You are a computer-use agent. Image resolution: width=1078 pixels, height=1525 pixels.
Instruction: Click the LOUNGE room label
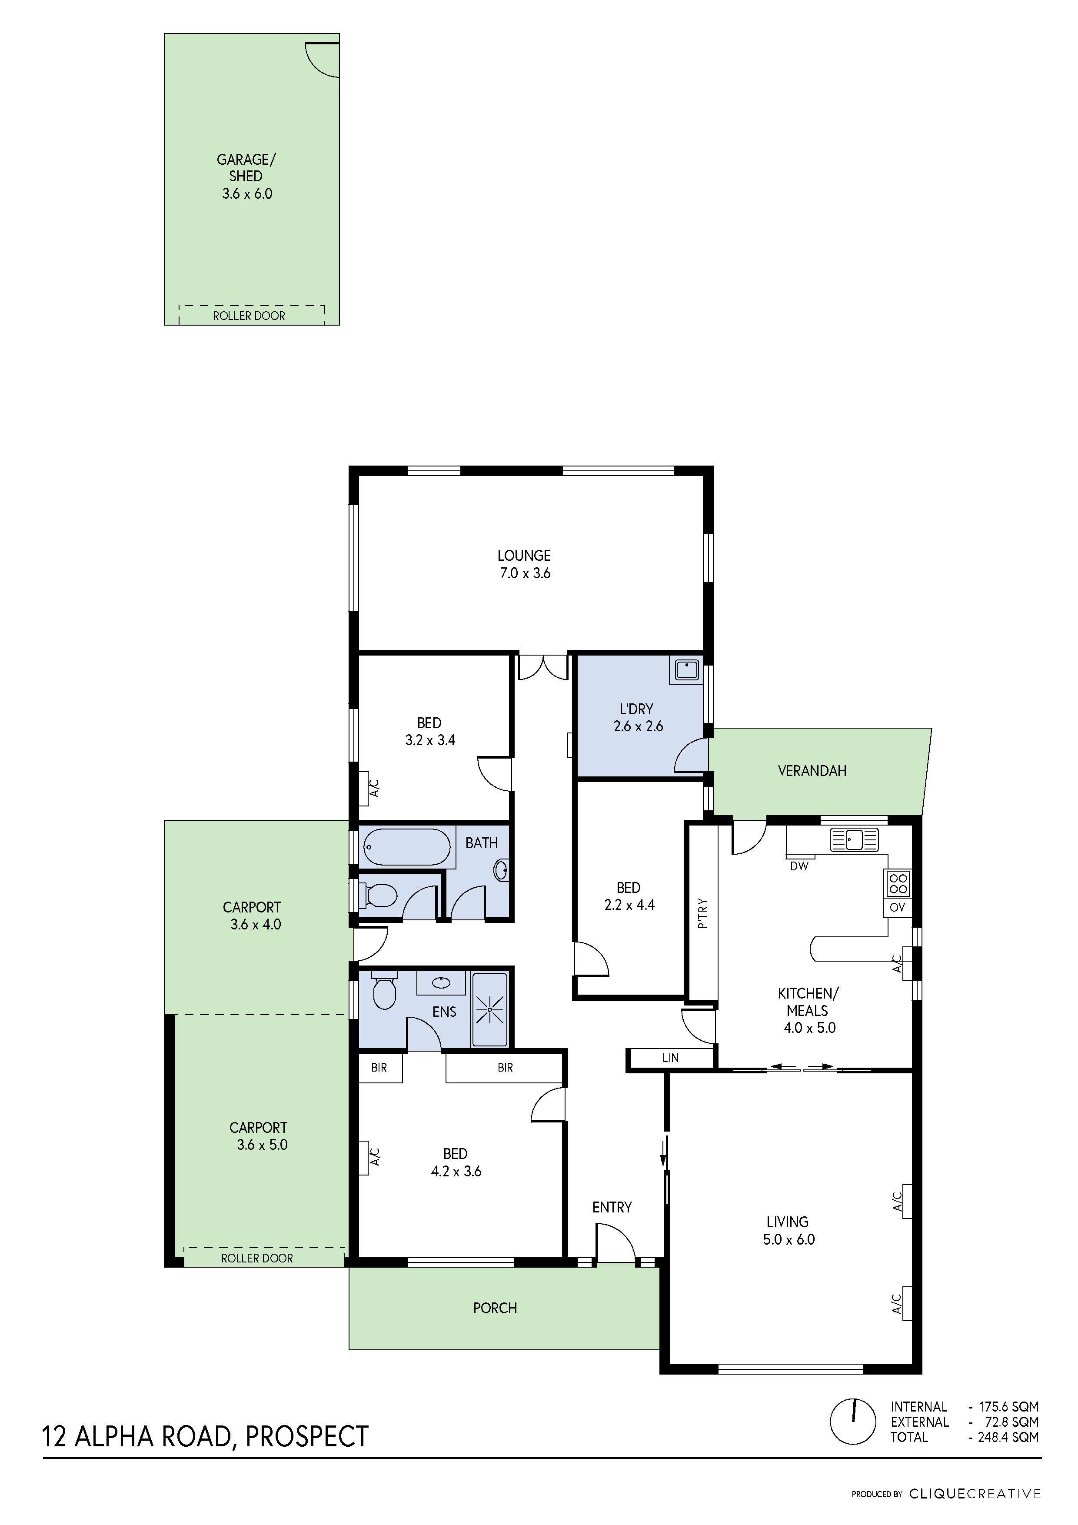(524, 555)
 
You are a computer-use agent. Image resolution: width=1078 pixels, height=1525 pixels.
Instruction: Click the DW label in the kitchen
(799, 866)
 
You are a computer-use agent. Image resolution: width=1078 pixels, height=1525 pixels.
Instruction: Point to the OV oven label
(897, 907)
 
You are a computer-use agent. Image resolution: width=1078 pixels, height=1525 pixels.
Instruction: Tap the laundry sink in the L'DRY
(686, 669)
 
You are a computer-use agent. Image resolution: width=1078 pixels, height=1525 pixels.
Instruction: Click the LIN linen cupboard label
(670, 1057)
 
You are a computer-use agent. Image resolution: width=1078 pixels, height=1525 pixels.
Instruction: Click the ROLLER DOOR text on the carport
(256, 1258)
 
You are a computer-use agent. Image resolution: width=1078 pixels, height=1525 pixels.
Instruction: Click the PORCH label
(494, 1308)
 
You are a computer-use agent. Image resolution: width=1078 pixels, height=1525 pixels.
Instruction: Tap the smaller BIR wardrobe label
(379, 1067)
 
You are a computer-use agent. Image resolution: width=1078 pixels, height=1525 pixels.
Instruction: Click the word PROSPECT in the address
(307, 1436)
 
